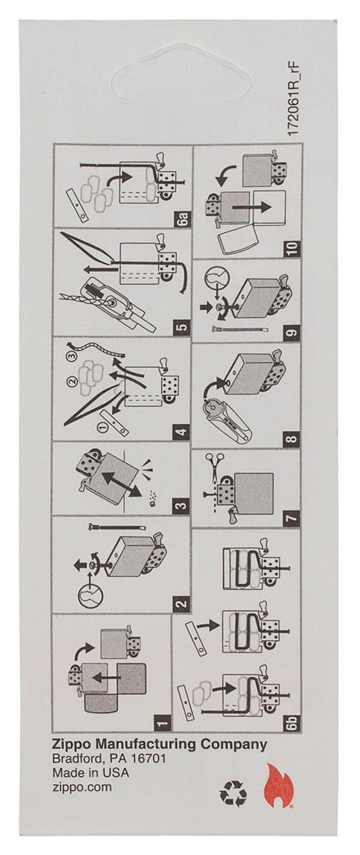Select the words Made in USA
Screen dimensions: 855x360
pos(92,773)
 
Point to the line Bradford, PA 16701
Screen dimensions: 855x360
pos(109,760)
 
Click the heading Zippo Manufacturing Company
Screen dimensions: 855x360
pos(160,745)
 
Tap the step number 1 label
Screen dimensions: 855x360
pos(164,724)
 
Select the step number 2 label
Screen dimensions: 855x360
pos(182,605)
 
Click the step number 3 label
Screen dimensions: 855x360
pos(182,507)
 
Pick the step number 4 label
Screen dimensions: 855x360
pos(182,432)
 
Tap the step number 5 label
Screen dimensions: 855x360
pos(182,328)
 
